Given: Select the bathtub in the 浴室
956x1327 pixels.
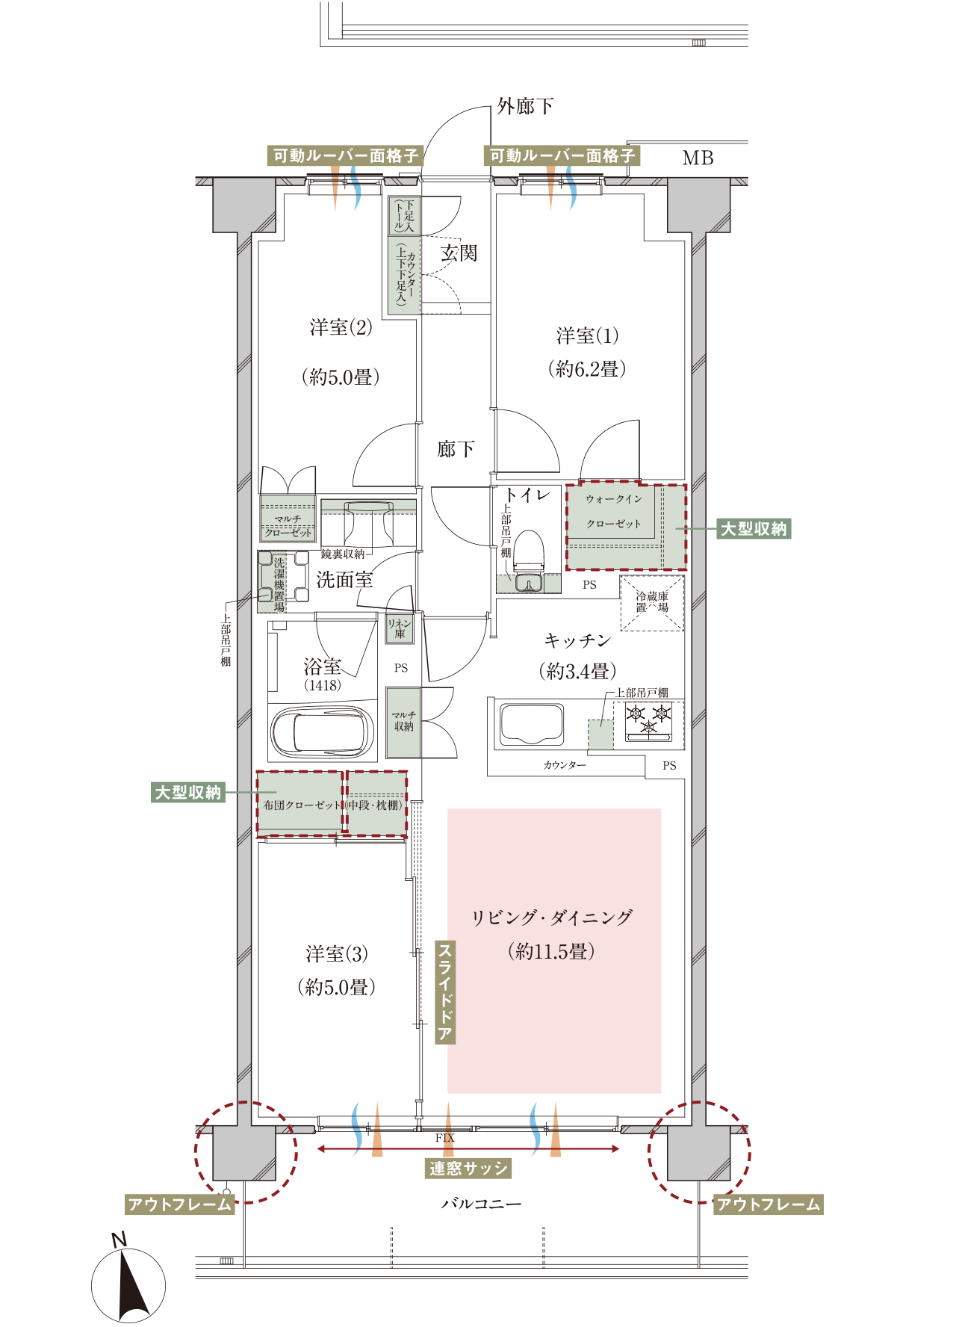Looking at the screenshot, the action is click(x=322, y=733).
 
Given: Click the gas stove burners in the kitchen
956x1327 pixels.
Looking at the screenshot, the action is click(x=648, y=722).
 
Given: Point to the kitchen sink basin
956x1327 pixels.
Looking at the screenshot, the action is click(x=531, y=723).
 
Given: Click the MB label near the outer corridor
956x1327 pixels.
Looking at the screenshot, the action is click(x=698, y=158).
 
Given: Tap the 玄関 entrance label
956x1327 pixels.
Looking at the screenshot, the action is click(x=459, y=253).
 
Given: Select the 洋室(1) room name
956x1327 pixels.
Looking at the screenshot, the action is click(x=588, y=336).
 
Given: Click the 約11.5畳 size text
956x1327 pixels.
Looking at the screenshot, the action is click(x=552, y=951).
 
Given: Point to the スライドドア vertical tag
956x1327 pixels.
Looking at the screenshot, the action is click(x=445, y=992).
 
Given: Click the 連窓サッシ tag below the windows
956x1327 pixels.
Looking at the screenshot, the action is click(x=468, y=1169).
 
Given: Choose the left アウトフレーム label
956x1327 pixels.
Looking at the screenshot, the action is click(x=180, y=1204).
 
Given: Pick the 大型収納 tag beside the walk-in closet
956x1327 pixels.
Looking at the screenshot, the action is click(x=754, y=529).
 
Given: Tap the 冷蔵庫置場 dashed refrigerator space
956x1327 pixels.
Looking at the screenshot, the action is click(x=652, y=603).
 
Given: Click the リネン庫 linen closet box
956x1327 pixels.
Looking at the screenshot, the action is click(x=400, y=628).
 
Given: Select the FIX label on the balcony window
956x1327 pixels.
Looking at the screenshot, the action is click(x=445, y=1138).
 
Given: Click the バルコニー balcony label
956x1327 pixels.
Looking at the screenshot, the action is click(x=482, y=1204).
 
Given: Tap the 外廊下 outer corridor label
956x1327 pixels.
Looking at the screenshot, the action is click(x=526, y=107).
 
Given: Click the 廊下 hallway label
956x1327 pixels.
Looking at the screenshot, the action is click(x=456, y=449).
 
